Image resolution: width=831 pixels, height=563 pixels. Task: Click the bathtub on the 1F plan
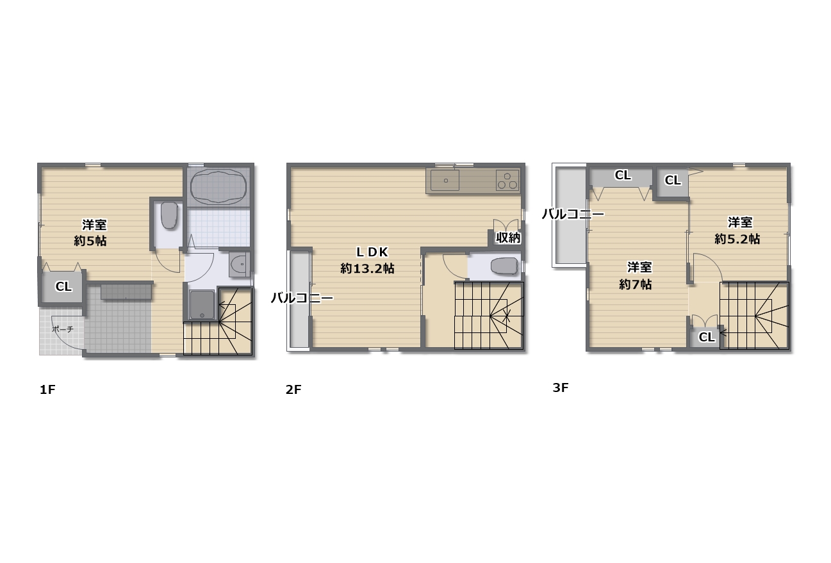tap(218, 186)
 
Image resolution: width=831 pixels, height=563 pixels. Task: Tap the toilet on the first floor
tap(169, 215)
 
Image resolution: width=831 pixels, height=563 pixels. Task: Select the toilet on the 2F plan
tap(504, 266)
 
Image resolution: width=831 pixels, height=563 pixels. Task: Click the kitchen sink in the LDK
tap(445, 180)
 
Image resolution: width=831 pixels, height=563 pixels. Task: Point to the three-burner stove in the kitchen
tap(507, 180)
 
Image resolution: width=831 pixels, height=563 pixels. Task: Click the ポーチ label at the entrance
tap(63, 329)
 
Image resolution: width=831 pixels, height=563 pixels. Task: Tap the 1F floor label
tap(47, 390)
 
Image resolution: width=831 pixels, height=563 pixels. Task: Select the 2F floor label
tap(293, 390)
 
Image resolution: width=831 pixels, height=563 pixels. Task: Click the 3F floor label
tap(560, 388)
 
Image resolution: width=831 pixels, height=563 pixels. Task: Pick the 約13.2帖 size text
tap(367, 268)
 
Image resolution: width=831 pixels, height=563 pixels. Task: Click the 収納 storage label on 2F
tap(508, 238)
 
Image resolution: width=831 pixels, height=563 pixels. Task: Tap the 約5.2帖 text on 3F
tap(737, 239)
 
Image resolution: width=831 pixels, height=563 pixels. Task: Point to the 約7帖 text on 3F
tap(635, 284)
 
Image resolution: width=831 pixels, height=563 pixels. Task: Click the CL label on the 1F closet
tap(63, 286)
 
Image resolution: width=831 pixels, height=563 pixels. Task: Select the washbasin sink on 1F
tap(239, 264)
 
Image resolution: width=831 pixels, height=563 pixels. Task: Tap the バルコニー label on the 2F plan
tap(302, 298)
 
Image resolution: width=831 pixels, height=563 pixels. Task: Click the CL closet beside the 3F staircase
tap(705, 337)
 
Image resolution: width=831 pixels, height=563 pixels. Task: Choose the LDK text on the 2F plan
tap(372, 252)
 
